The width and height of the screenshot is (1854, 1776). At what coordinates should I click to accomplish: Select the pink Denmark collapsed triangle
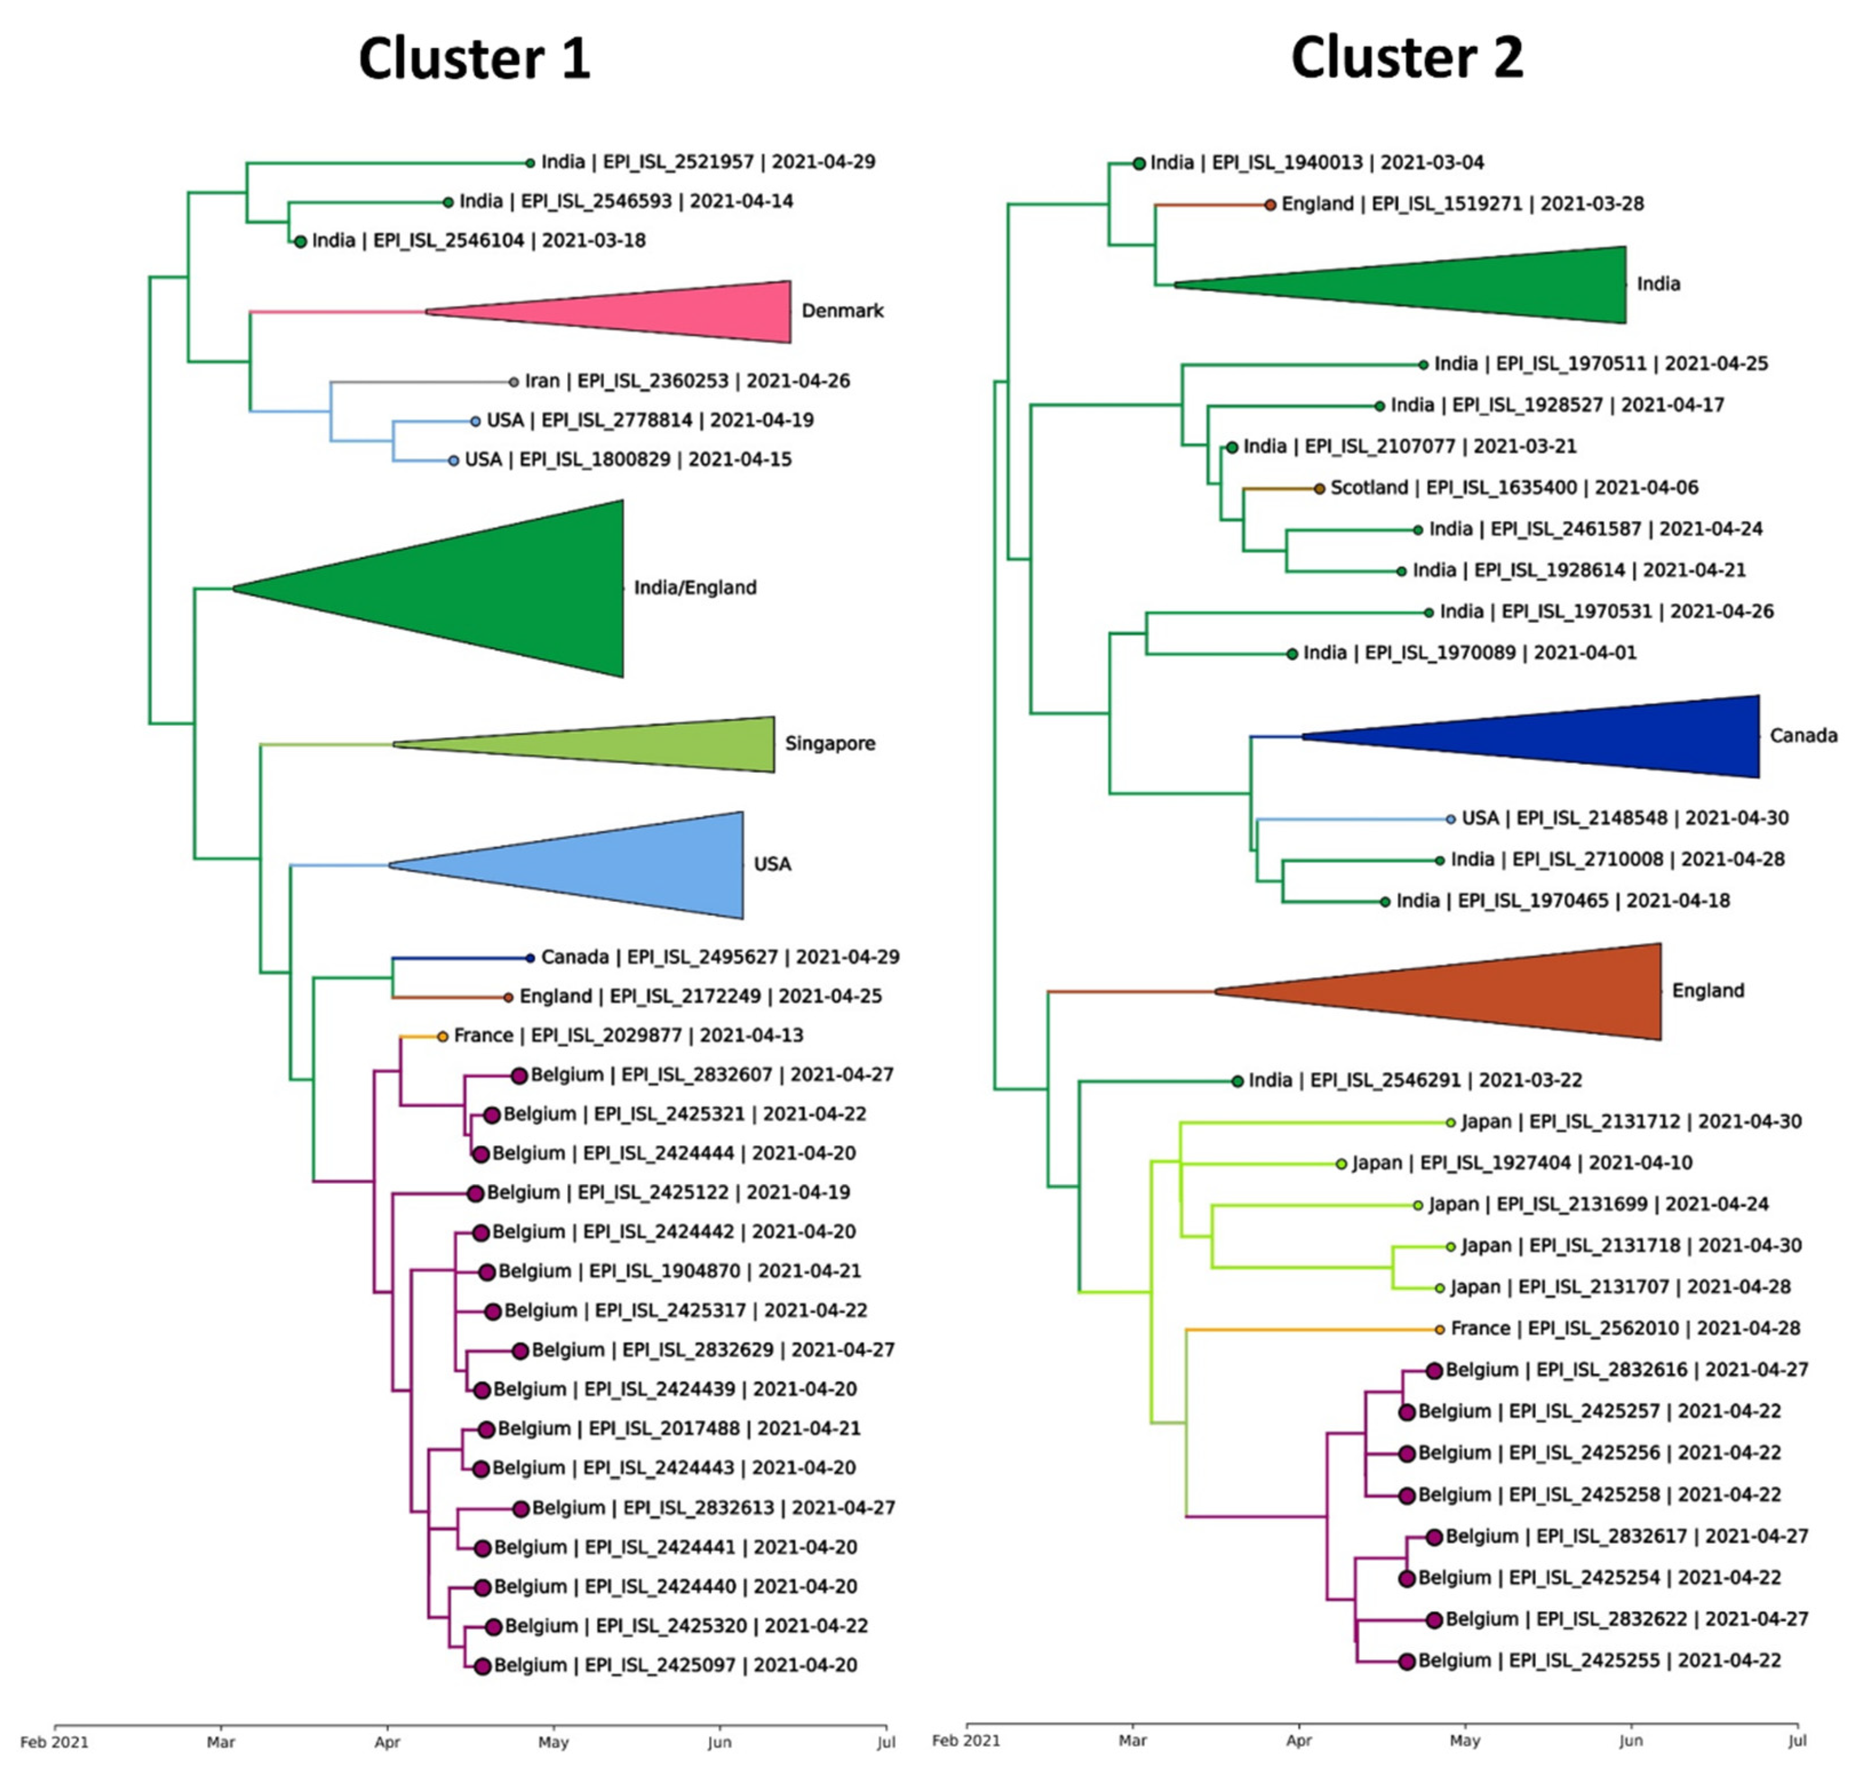point(662,311)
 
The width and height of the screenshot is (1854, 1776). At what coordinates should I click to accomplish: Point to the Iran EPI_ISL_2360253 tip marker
point(513,382)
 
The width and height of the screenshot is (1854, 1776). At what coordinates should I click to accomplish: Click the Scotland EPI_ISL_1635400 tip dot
point(1319,488)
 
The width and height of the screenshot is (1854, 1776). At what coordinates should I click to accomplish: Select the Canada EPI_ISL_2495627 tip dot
point(530,957)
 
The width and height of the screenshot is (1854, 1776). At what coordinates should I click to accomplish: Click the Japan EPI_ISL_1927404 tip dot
point(1341,1164)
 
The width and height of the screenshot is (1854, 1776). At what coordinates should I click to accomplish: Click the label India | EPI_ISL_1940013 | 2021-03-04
point(1317,163)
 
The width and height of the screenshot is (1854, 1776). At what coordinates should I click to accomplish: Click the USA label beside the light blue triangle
point(772,864)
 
